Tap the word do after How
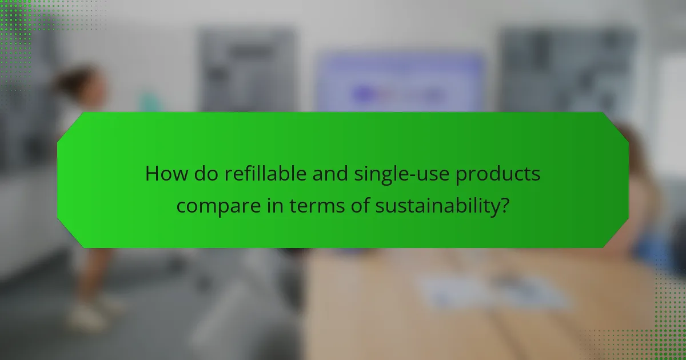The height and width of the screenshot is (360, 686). click(x=199, y=174)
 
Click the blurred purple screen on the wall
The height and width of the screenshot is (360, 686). click(x=400, y=83)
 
